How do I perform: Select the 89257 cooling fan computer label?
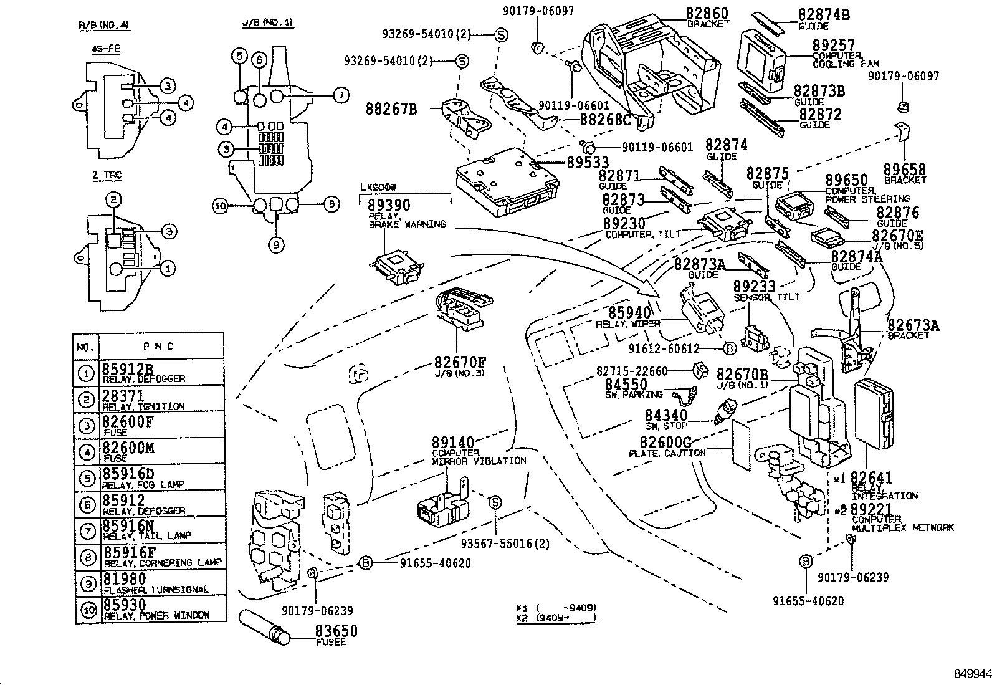click(x=833, y=45)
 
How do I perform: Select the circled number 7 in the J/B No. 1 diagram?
click(x=341, y=96)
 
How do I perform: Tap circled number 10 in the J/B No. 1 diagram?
click(x=219, y=205)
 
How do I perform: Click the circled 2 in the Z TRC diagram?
click(x=113, y=200)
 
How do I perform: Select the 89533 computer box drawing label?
click(x=588, y=162)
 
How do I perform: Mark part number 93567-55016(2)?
click(x=505, y=544)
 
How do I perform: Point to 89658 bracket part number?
click(x=905, y=170)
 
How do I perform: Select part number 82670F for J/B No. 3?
click(x=460, y=362)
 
